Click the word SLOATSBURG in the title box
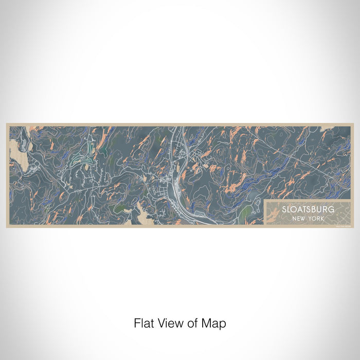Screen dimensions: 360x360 pos(308,210)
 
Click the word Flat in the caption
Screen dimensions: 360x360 pos(143,323)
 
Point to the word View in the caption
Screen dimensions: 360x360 pos(169,323)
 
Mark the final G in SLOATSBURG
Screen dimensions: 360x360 pos(331,210)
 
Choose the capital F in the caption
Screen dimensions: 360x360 pos(137,323)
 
